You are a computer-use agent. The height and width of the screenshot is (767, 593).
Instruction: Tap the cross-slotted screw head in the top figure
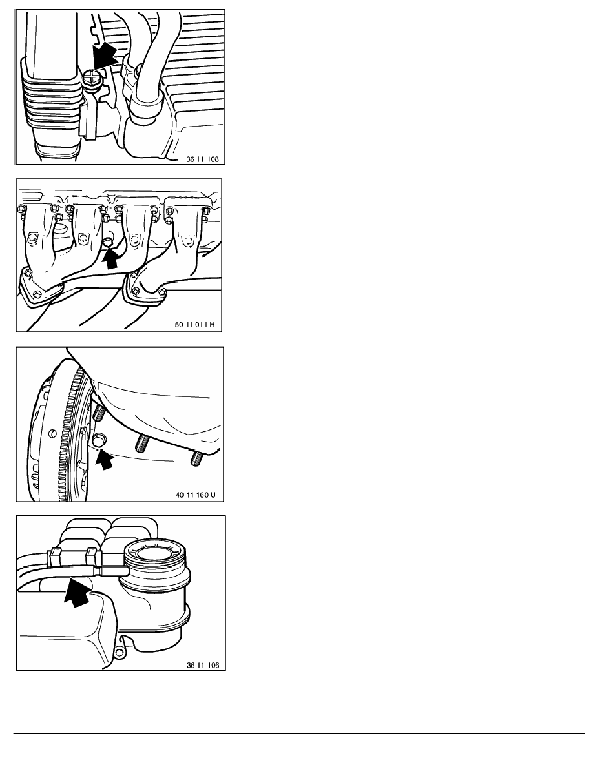tap(90, 81)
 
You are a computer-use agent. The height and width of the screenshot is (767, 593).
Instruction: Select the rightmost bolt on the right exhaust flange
tap(162, 294)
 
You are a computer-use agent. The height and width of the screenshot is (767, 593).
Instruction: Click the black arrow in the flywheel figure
tap(103, 460)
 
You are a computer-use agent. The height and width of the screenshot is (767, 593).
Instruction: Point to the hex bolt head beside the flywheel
tap(98, 441)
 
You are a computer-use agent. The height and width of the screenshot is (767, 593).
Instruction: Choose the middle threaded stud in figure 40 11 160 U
tap(141, 445)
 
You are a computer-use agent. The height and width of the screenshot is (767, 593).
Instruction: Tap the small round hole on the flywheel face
tap(50, 431)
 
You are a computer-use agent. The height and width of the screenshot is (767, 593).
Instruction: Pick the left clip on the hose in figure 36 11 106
tap(54, 555)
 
